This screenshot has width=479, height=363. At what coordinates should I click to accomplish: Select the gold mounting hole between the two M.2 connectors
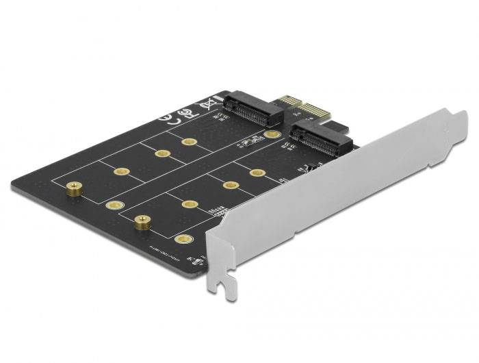(x=272, y=134)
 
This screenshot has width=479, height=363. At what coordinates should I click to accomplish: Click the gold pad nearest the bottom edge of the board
(x=181, y=239)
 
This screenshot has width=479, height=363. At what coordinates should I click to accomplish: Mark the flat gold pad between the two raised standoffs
(x=115, y=205)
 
